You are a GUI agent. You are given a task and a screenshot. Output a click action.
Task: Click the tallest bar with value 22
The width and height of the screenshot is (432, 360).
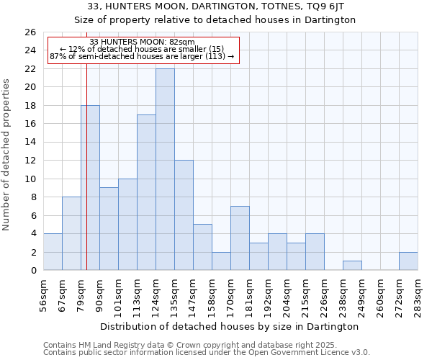165,169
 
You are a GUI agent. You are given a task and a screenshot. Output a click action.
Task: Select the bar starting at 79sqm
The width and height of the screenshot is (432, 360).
90,188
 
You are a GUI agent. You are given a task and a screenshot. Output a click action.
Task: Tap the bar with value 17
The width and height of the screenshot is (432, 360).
146,192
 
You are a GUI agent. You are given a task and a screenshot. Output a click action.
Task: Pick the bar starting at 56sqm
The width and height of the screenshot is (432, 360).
53,252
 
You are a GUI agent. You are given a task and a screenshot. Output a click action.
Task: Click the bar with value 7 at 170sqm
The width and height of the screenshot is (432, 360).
240,238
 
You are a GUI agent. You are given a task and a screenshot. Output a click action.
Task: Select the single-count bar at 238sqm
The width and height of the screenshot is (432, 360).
352,266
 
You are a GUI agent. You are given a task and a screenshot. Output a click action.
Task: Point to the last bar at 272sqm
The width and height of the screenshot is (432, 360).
408,261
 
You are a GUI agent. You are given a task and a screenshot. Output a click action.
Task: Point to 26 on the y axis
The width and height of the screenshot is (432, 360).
30,32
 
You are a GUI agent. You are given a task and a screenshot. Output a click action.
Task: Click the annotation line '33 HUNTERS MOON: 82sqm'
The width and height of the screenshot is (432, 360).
142,42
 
